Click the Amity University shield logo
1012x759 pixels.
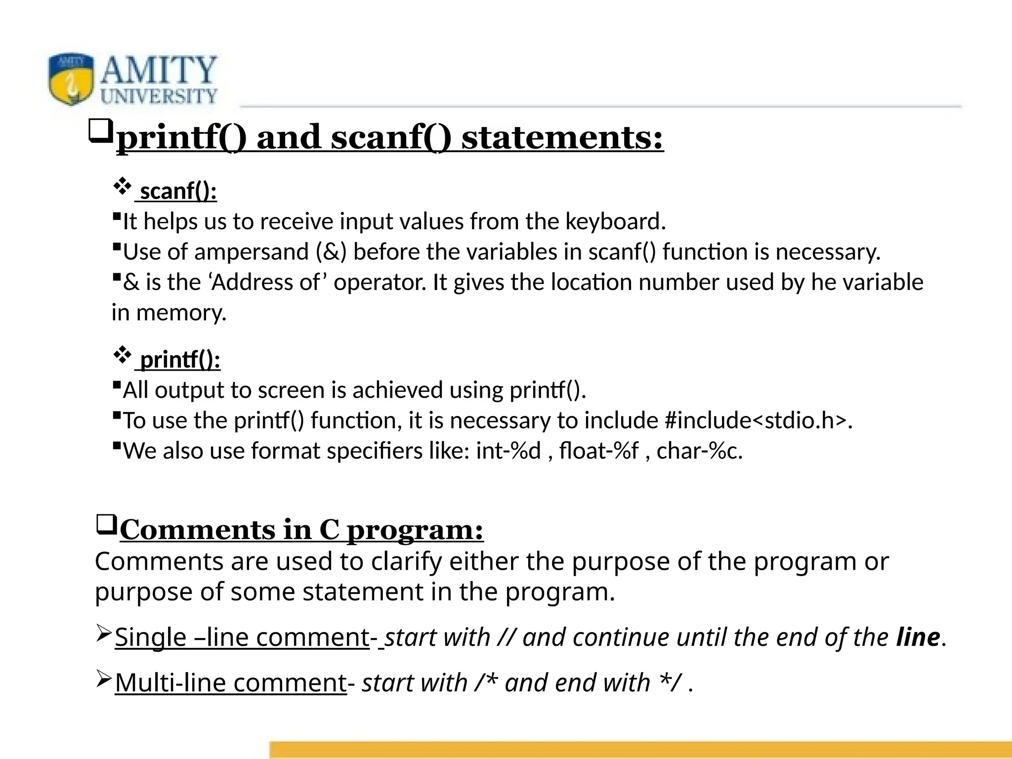tap(71, 79)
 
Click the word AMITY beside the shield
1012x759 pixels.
tap(159, 70)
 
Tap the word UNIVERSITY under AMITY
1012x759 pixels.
tap(159, 96)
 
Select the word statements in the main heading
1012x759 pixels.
tap(562, 137)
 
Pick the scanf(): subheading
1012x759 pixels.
tap(178, 191)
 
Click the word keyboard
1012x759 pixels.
tap(615, 221)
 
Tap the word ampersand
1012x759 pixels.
tap(252, 252)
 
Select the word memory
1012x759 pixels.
tap(181, 313)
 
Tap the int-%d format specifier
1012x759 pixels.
tap(508, 451)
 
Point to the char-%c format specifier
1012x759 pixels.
tap(699, 451)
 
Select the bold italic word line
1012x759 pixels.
tap(918, 637)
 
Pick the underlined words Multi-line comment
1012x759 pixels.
tap(231, 683)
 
